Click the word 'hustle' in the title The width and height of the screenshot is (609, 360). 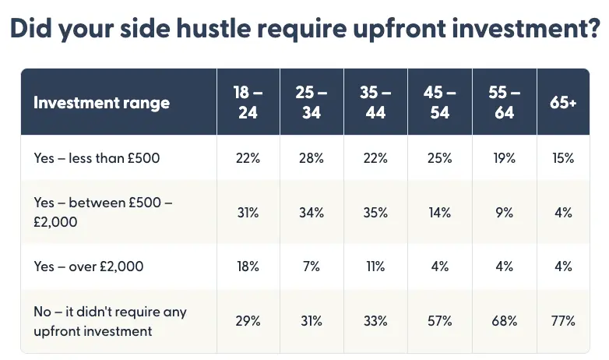pyautogui.click(x=213, y=28)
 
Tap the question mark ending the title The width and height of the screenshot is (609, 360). pyautogui.click(x=592, y=28)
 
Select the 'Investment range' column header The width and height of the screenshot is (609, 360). pyautogui.click(x=101, y=103)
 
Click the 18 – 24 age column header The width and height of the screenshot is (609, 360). pyautogui.click(x=248, y=102)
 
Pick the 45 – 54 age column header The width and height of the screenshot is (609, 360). pyautogui.click(x=440, y=102)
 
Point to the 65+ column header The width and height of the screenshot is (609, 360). pyautogui.click(x=563, y=102)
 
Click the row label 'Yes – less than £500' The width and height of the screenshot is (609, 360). pyautogui.click(x=97, y=158)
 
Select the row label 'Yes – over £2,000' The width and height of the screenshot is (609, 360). pyautogui.click(x=89, y=266)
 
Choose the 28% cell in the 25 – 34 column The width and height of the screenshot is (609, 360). pyautogui.click(x=311, y=158)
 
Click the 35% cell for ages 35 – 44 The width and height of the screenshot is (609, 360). pyautogui.click(x=375, y=212)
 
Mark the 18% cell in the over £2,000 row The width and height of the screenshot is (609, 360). pyautogui.click(x=248, y=266)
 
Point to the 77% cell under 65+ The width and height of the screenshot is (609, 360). pyautogui.click(x=563, y=321)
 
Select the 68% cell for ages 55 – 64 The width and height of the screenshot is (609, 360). pyautogui.click(x=504, y=321)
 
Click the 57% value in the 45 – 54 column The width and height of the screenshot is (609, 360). pyautogui.click(x=440, y=321)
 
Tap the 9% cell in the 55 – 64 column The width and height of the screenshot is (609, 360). pyautogui.click(x=504, y=212)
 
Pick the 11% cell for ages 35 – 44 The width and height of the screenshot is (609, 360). pyautogui.click(x=375, y=266)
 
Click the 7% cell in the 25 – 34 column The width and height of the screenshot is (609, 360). pyautogui.click(x=311, y=266)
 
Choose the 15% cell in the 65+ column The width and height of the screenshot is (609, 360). pyautogui.click(x=563, y=158)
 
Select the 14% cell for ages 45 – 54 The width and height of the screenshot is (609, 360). pyautogui.click(x=440, y=212)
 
